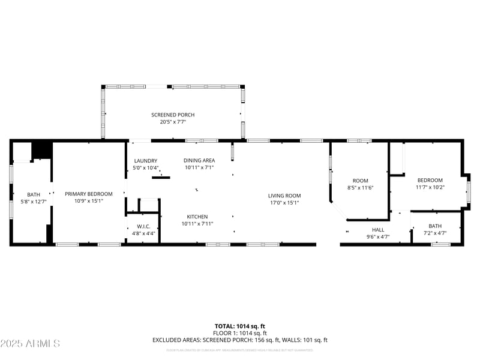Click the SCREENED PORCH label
coord(173,115)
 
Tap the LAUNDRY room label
coord(145,160)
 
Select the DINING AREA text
coord(199,160)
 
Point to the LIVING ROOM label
coord(284,196)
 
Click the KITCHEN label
coord(197,217)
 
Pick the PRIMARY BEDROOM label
coord(89,194)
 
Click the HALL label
coord(378,230)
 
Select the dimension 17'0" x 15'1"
coord(284,203)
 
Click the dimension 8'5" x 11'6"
coord(360,188)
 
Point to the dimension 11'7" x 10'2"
coord(430,187)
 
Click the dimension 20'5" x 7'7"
coord(173,122)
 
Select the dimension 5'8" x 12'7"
coord(34,202)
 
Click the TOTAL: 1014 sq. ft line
coord(240,326)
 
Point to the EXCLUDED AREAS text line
coord(240,340)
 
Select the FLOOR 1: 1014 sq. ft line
coord(240,333)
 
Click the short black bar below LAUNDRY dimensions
coord(161,177)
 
